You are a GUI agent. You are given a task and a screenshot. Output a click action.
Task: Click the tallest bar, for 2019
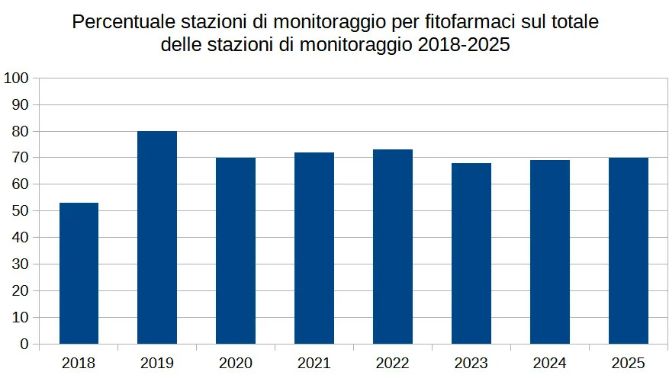pyautogui.click(x=157, y=237)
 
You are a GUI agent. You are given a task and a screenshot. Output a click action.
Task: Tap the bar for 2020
pyautogui.click(x=236, y=251)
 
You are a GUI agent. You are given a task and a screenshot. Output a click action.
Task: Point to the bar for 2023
pyautogui.click(x=471, y=253)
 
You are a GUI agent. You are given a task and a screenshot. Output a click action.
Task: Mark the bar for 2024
pyautogui.click(x=550, y=252)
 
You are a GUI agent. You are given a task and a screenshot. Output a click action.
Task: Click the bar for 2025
pyautogui.click(x=629, y=251)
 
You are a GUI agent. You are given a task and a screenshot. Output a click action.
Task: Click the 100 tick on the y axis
pyautogui.click(x=16, y=78)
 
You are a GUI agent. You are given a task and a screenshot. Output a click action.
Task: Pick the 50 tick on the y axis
pyautogui.click(x=20, y=211)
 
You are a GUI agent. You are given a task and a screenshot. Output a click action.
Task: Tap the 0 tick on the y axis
pyautogui.click(x=24, y=345)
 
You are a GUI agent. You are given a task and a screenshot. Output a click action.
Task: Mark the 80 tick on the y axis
pyautogui.click(x=20, y=131)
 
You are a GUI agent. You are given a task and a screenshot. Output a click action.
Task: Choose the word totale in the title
pyautogui.click(x=573, y=22)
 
